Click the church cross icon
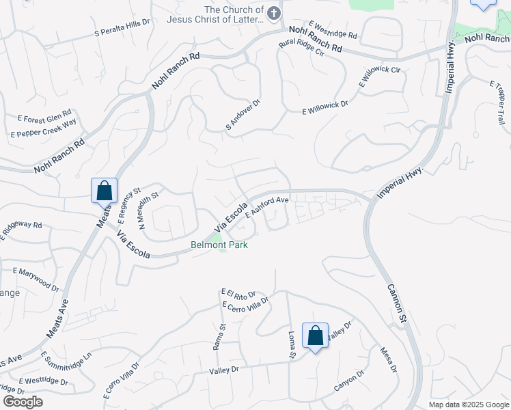coord(274,14)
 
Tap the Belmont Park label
coord(219,245)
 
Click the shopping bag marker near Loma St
coord(315,336)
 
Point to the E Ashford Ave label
coord(268,206)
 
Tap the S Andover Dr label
coord(243,115)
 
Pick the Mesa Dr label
coord(388,360)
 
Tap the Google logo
coord(23,402)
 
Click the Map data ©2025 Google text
coord(468,405)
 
